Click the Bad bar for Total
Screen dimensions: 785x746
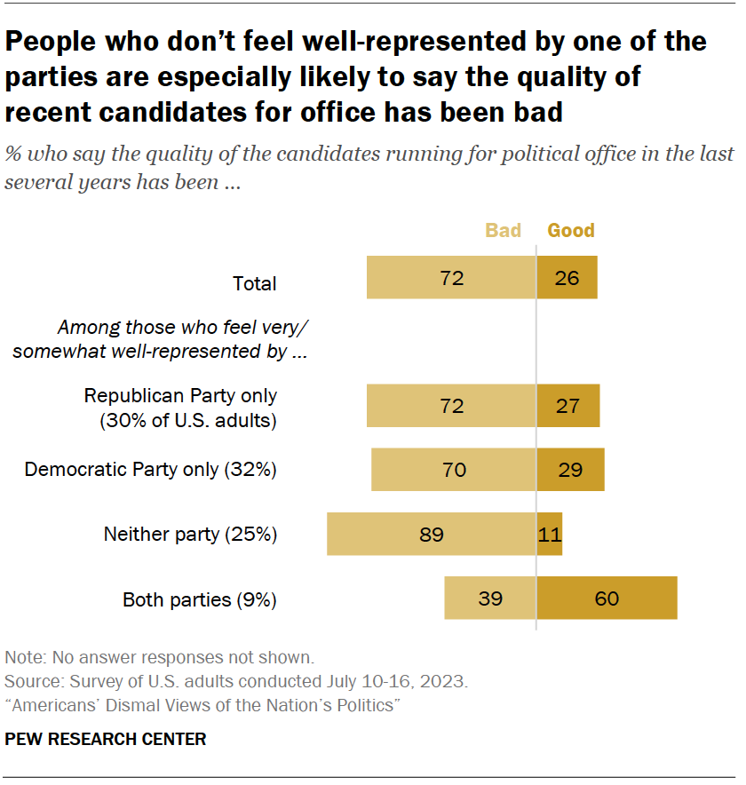451,278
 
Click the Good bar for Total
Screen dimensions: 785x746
567,278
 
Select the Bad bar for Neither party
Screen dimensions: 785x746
432,535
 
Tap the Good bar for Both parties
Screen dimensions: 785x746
607,599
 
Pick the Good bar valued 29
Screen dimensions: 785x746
570,470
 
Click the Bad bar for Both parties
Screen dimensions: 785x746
490,599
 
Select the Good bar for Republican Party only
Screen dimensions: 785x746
568,406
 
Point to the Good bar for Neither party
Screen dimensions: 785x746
550,535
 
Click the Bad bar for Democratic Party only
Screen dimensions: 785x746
454,470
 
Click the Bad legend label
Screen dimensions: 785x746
503,231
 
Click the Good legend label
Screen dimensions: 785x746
571,231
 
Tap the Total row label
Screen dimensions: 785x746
255,284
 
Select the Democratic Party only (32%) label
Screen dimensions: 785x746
151,470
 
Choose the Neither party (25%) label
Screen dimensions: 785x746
191,535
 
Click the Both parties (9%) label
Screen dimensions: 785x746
200,599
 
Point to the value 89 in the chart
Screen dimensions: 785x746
432,535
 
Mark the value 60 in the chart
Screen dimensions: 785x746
607,599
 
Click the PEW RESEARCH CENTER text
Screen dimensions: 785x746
106,739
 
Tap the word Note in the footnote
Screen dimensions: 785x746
22,658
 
